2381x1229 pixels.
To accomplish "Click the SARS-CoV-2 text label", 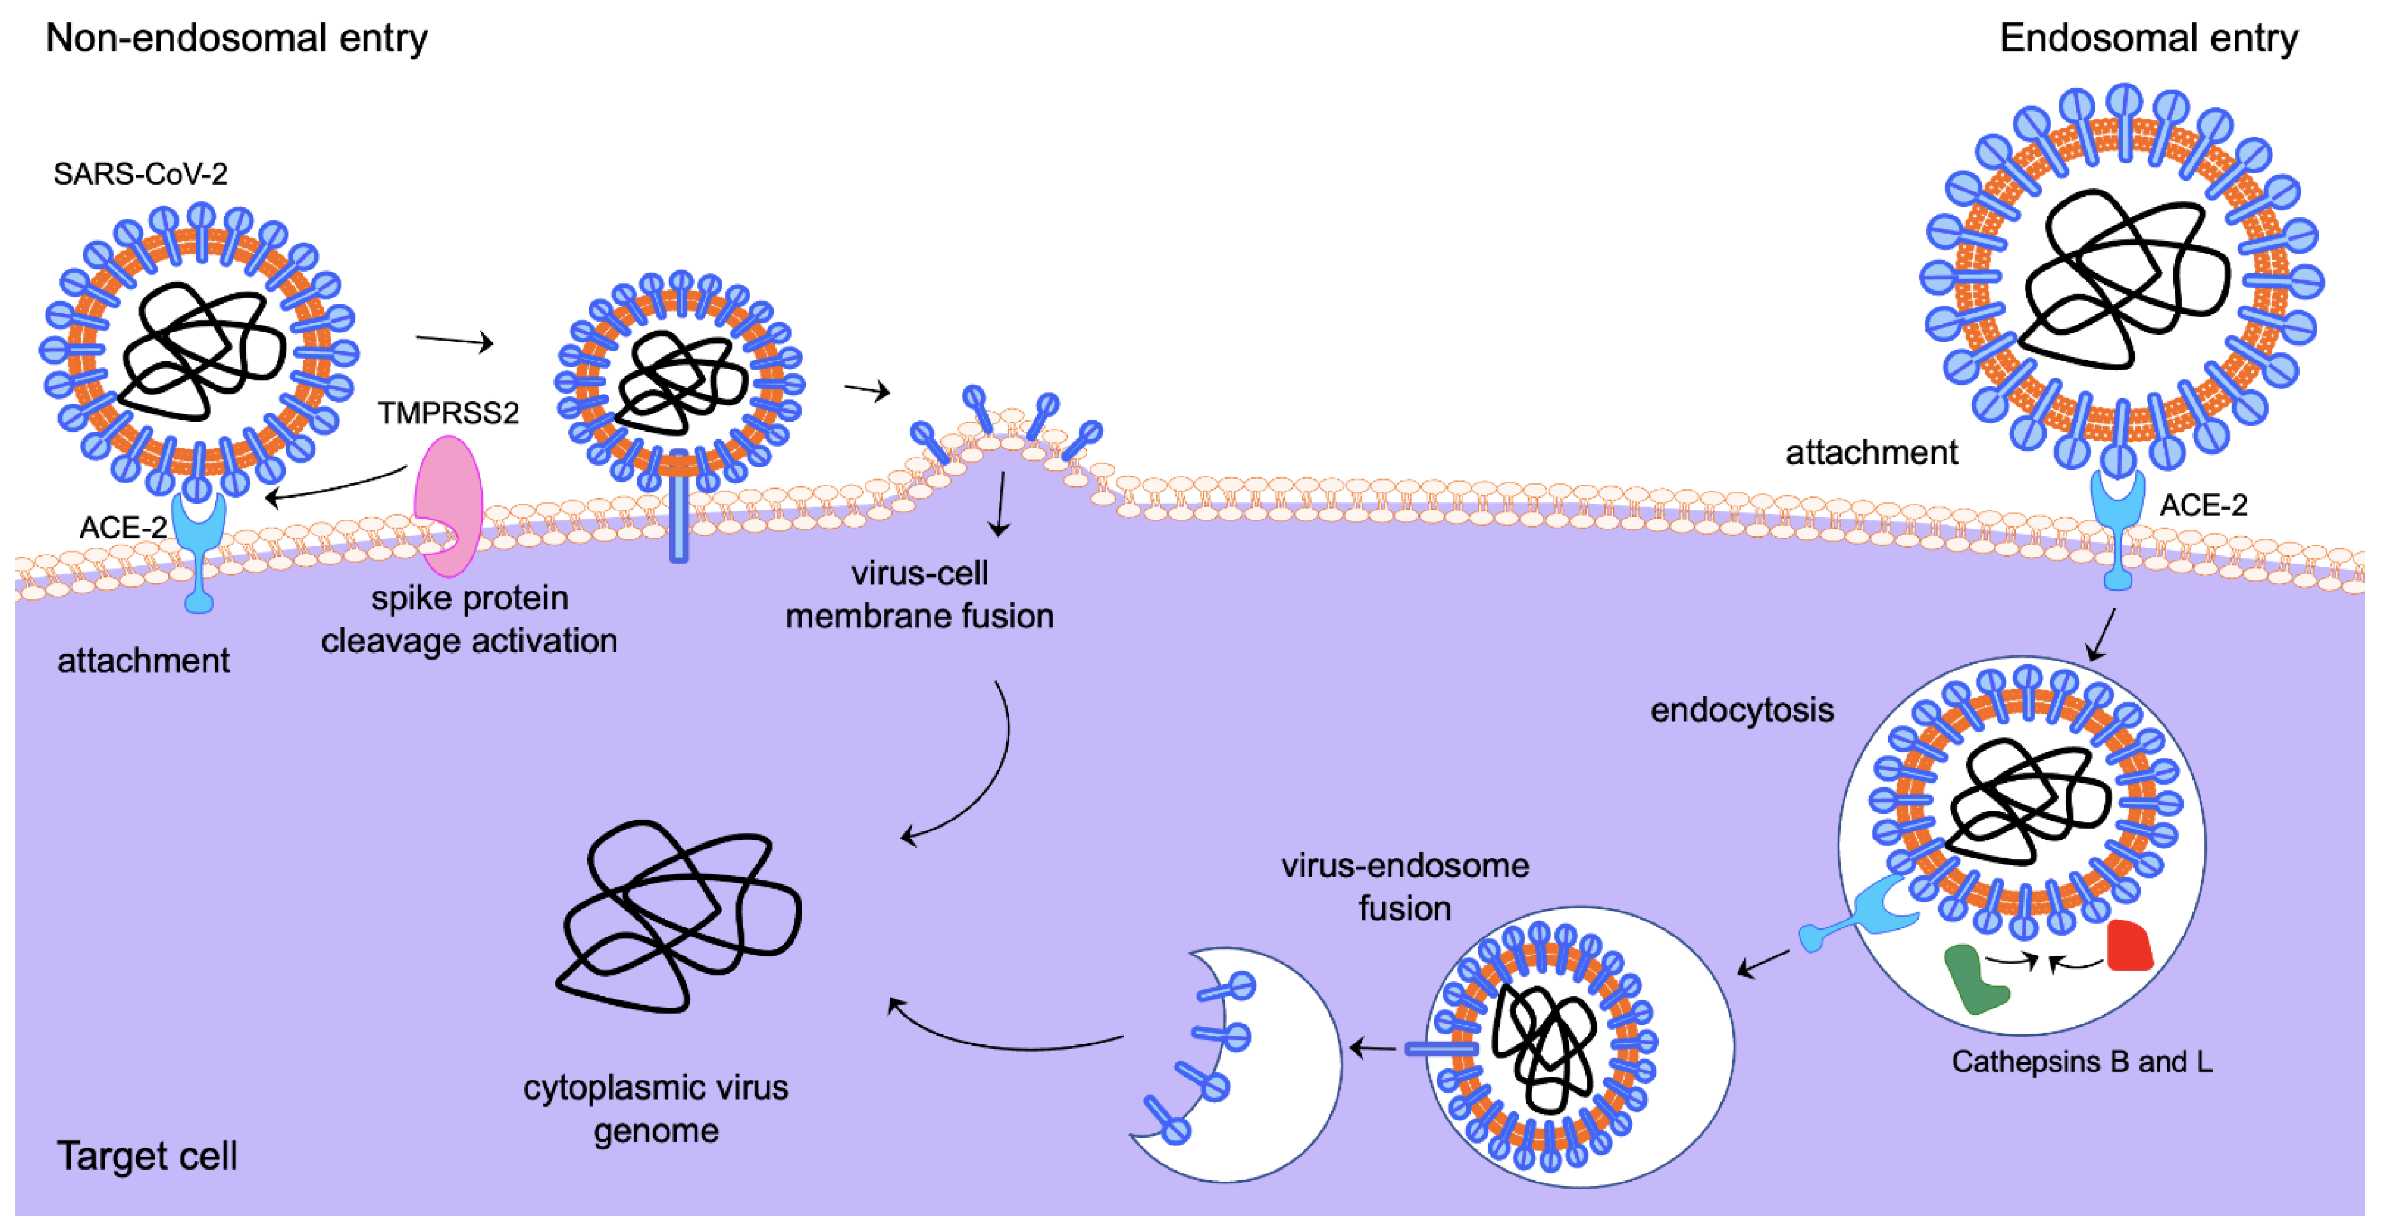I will pos(141,174).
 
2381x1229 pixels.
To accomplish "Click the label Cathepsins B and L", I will pos(2081,1062).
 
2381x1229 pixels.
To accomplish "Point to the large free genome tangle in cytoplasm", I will pos(679,915).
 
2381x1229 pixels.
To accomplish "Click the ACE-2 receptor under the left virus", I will pos(199,550).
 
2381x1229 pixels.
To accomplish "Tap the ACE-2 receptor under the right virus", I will pos(2118,527).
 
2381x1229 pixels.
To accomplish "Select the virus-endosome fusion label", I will pos(1404,887).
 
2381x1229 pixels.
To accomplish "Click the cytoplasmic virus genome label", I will pos(656,1109).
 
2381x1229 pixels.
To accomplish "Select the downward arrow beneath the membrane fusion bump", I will pos(1000,504).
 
